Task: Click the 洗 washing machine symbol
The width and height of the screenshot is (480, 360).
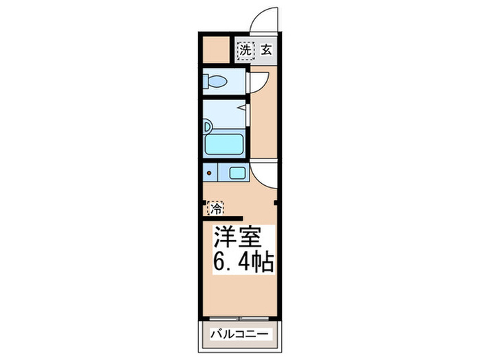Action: pyautogui.click(x=245, y=49)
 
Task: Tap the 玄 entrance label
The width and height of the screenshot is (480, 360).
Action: pyautogui.click(x=265, y=49)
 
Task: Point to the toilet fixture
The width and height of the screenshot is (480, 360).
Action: pyautogui.click(x=215, y=82)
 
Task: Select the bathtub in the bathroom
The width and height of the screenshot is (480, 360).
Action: pyautogui.click(x=226, y=145)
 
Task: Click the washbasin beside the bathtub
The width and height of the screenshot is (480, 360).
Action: pyautogui.click(x=206, y=127)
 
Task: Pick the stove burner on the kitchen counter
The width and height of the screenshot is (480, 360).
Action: pyautogui.click(x=209, y=174)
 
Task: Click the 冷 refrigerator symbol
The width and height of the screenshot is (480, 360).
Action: pyautogui.click(x=216, y=206)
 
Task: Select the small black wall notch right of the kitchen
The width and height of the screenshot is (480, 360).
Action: pyautogui.click(x=276, y=203)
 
